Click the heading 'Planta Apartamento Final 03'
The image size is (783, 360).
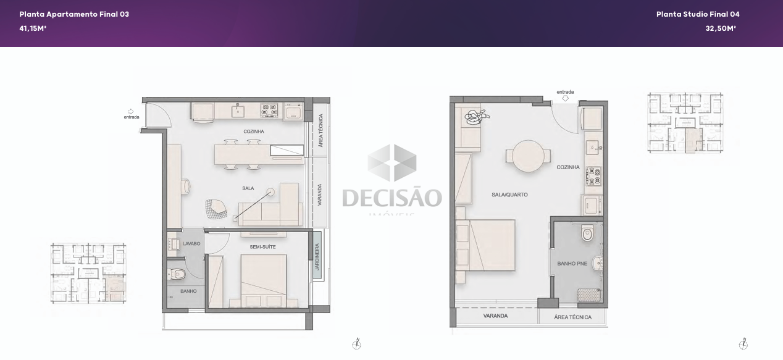(x=74, y=14)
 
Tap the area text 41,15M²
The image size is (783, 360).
(x=33, y=28)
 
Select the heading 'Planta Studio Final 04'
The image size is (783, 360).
(x=698, y=14)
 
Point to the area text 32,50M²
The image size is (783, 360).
(x=721, y=28)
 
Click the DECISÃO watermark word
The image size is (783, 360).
(x=392, y=198)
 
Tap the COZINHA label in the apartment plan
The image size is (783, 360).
(x=254, y=132)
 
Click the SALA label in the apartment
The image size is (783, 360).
(x=248, y=188)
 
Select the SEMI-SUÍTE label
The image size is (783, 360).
(x=262, y=247)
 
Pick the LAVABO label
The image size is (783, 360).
(x=191, y=244)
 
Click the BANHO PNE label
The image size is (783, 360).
(x=572, y=264)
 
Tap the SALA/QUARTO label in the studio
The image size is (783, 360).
(x=509, y=195)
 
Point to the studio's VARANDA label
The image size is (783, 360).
(x=495, y=316)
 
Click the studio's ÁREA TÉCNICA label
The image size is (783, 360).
(x=572, y=317)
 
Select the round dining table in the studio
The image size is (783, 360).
(x=529, y=155)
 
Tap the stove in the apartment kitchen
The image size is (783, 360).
(x=269, y=110)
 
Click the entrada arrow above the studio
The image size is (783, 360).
(x=565, y=98)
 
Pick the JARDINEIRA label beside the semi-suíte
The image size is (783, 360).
(x=317, y=255)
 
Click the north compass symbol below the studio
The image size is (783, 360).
(x=743, y=344)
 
